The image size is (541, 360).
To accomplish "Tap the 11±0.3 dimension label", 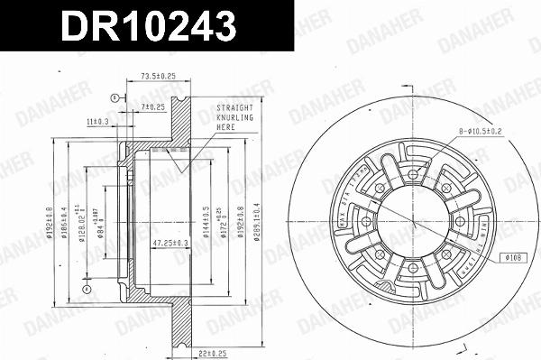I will click(x=97, y=120).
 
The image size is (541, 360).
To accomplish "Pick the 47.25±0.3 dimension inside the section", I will click(x=170, y=243).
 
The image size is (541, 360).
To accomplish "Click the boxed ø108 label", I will click(x=513, y=256).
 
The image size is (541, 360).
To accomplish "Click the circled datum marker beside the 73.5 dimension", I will click(x=114, y=97).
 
